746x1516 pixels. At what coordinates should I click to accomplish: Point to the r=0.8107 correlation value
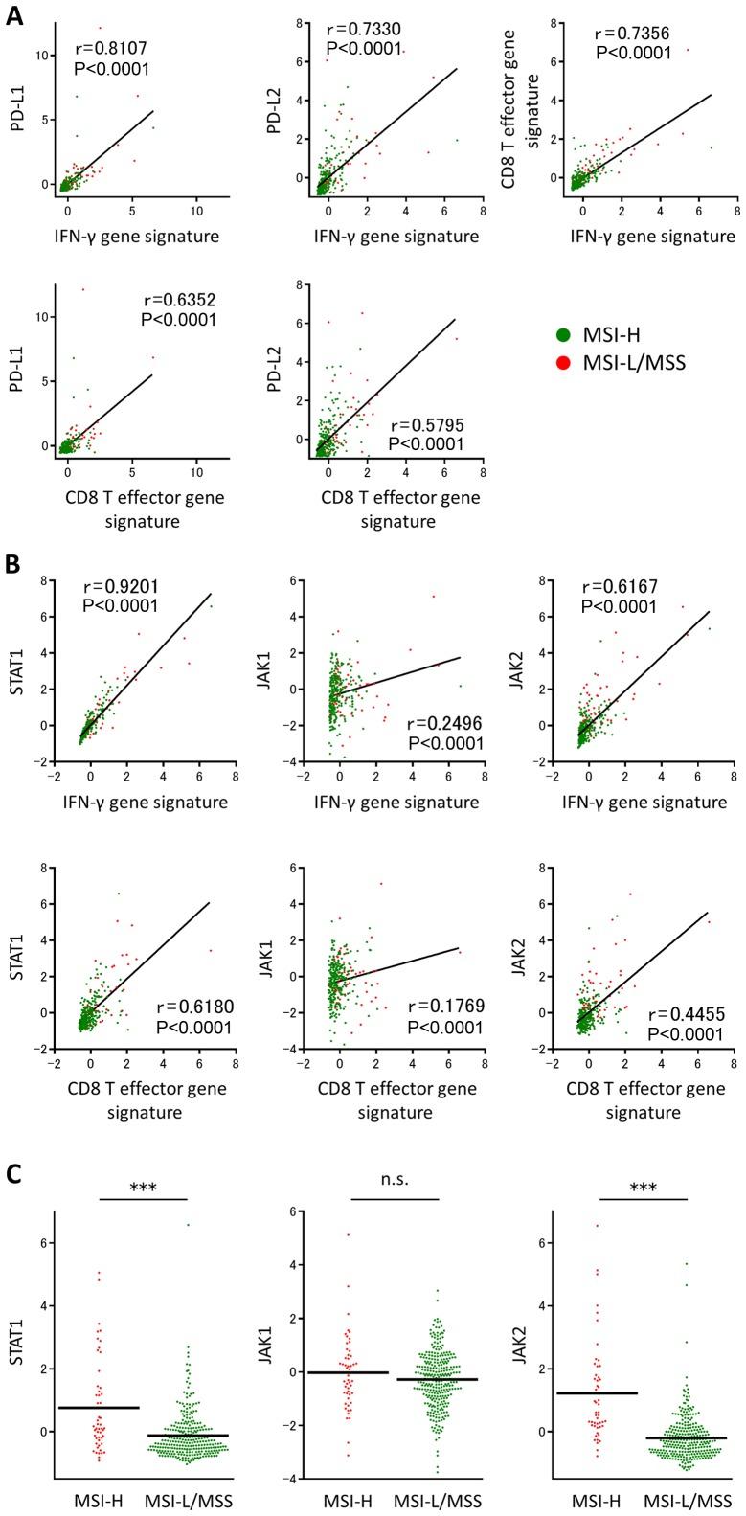pos(111,47)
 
